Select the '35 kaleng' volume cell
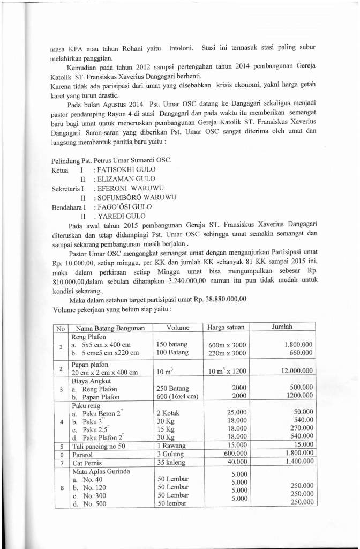[171, 462]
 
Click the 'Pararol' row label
[82, 454]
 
